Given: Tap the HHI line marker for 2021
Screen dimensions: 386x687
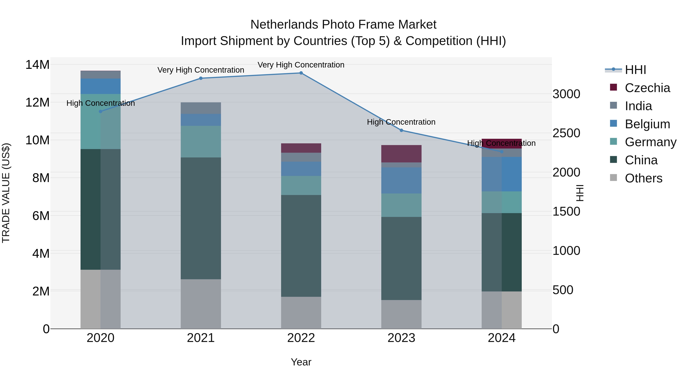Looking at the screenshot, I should pyautogui.click(x=201, y=78).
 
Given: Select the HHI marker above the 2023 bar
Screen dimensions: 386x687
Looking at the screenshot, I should pyautogui.click(x=401, y=130).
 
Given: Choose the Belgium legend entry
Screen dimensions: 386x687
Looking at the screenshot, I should pyautogui.click(x=647, y=124).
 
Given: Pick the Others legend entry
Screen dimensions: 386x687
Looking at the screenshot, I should pyautogui.click(x=643, y=178).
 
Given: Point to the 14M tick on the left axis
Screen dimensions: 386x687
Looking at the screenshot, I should pyautogui.click(x=37, y=65).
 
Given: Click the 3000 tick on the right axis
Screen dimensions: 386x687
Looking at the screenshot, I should pyautogui.click(x=566, y=94).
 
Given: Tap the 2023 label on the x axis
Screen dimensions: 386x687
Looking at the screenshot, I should pyautogui.click(x=401, y=338).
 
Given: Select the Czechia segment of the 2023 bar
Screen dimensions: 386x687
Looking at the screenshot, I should pyautogui.click(x=401, y=154).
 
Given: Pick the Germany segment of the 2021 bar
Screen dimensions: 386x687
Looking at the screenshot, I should pyautogui.click(x=201, y=141).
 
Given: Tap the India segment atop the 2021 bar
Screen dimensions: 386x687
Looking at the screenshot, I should pyautogui.click(x=201, y=108).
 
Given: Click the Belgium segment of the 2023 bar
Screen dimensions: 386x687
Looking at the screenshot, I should pyautogui.click(x=401, y=180).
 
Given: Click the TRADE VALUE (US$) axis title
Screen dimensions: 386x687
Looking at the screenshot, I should pyautogui.click(x=6, y=193).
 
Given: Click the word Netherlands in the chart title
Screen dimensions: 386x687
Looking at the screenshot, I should pyautogui.click(x=284, y=25).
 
